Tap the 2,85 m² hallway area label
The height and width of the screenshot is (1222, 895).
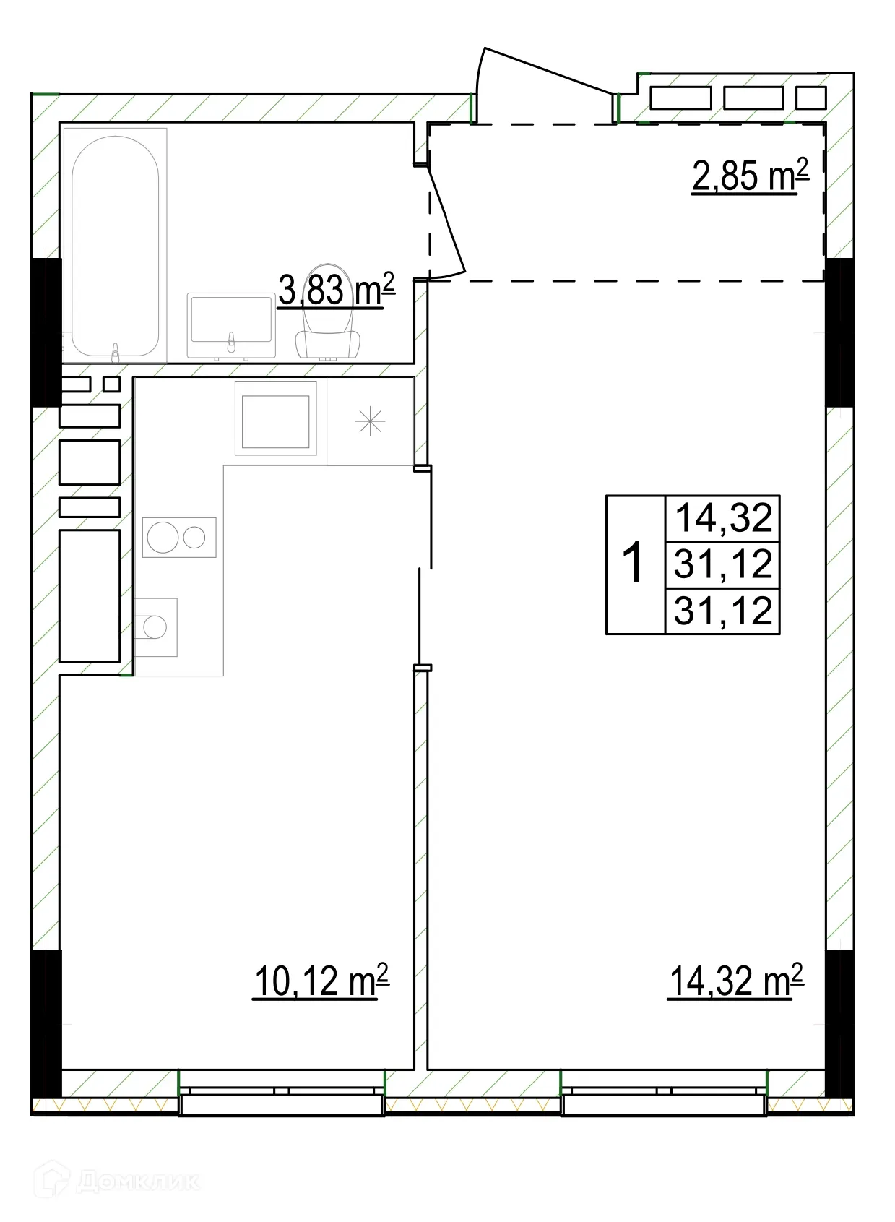[x=750, y=175]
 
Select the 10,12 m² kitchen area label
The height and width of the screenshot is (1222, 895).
[x=321, y=981]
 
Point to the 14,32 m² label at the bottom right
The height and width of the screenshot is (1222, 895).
[x=736, y=981]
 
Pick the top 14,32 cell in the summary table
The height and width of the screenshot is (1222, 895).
[x=724, y=517]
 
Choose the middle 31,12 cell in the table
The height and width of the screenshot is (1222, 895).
[x=724, y=564]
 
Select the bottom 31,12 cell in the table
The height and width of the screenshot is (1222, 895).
[x=724, y=611]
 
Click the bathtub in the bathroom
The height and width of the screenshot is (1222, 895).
[x=115, y=246]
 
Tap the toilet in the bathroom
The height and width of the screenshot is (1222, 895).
[x=328, y=312]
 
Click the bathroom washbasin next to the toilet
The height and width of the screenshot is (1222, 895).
[x=231, y=326]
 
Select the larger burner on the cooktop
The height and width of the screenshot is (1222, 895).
[x=163, y=538]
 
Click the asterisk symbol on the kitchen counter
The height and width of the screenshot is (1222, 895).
[x=371, y=421]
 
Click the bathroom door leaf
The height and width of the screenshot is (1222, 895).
[x=446, y=220]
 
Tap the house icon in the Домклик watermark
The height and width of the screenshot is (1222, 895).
[x=52, y=1180]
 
